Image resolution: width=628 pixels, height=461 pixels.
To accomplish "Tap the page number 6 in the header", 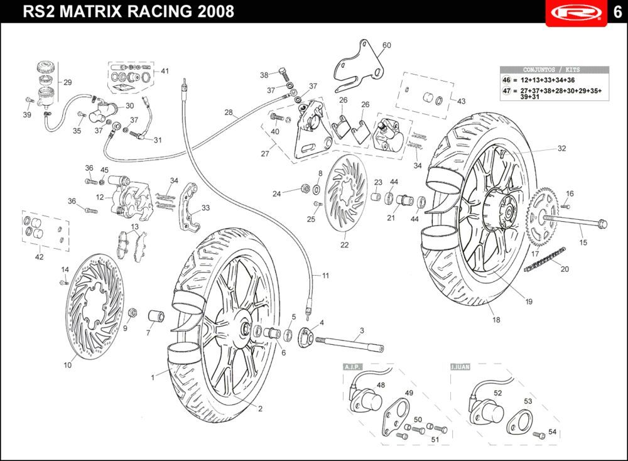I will tap(617, 13).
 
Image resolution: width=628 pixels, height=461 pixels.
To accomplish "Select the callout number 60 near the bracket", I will tap(386, 45).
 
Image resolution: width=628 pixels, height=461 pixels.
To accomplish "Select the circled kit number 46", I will tap(506, 81).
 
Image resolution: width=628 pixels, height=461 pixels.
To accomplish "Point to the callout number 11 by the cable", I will tap(325, 275).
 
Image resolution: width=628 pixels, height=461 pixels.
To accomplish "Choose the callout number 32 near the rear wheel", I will tap(561, 149).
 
